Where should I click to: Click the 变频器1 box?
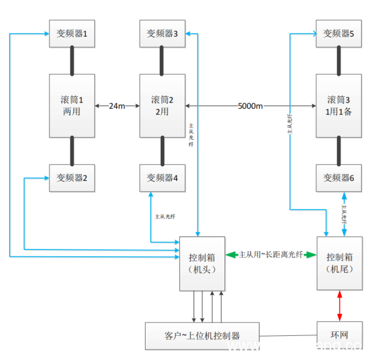pos(72,34)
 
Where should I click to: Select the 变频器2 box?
pos(72,178)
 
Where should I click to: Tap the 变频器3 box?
pos(162,34)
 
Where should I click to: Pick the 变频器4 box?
pos(162,178)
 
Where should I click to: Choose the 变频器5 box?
pos(338,34)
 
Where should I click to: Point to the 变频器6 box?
pos(338,178)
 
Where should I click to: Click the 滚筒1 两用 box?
pos(72,106)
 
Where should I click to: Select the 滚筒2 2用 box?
pos(162,106)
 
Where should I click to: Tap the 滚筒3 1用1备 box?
pos(338,106)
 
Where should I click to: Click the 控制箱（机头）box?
pos(202,264)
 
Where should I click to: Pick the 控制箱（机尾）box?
pos(339,263)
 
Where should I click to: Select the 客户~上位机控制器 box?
pos(202,336)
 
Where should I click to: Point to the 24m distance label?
pos(117,106)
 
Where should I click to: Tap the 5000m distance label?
pos(250,106)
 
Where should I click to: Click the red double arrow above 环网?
pos(339,305)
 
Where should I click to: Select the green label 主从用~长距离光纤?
pos(271,255)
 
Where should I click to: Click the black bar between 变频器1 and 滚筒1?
pos(72,60)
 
